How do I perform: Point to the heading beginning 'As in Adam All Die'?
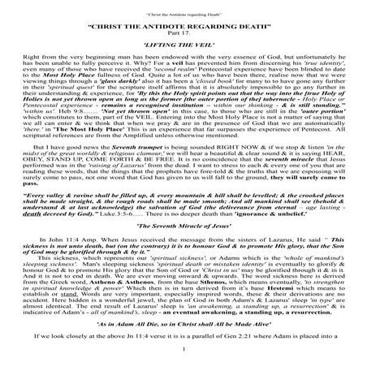[183, 322]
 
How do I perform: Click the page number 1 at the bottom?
[183, 351]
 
